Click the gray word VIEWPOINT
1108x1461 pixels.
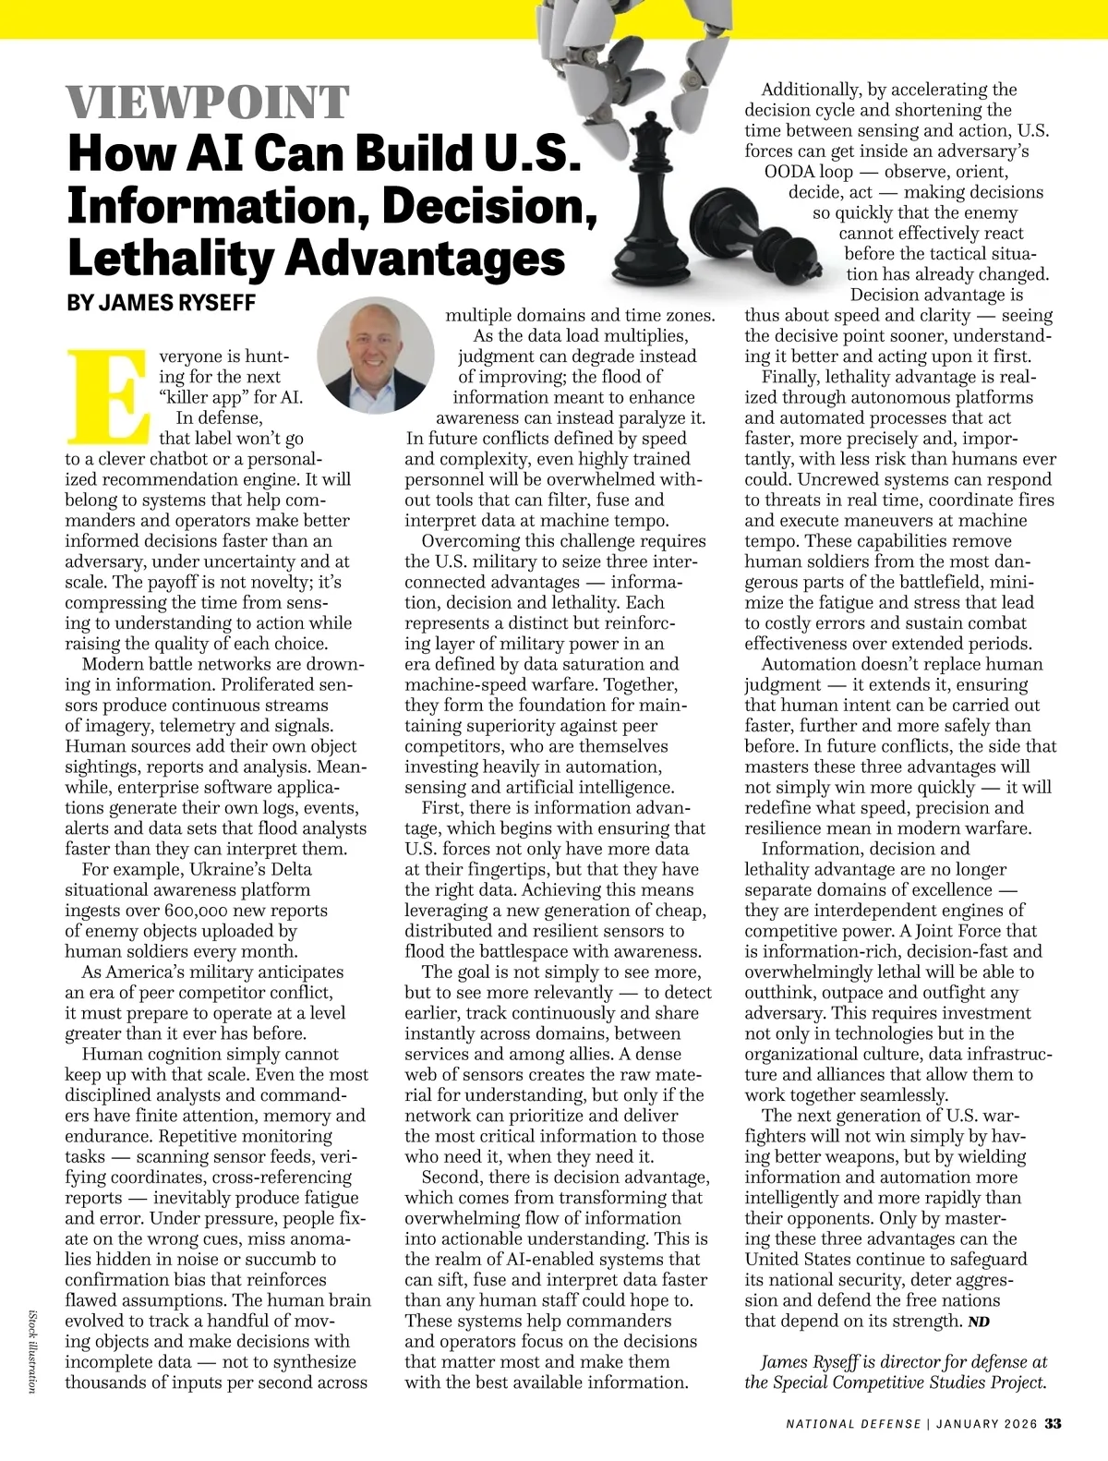tap(209, 103)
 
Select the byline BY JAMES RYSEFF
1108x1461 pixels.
tap(162, 304)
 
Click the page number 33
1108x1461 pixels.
tap(1053, 1423)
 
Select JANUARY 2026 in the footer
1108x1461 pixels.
tap(986, 1424)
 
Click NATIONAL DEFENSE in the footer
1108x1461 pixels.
tap(853, 1424)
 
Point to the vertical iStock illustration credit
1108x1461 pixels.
tap(32, 1350)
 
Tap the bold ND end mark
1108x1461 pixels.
tap(979, 1322)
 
